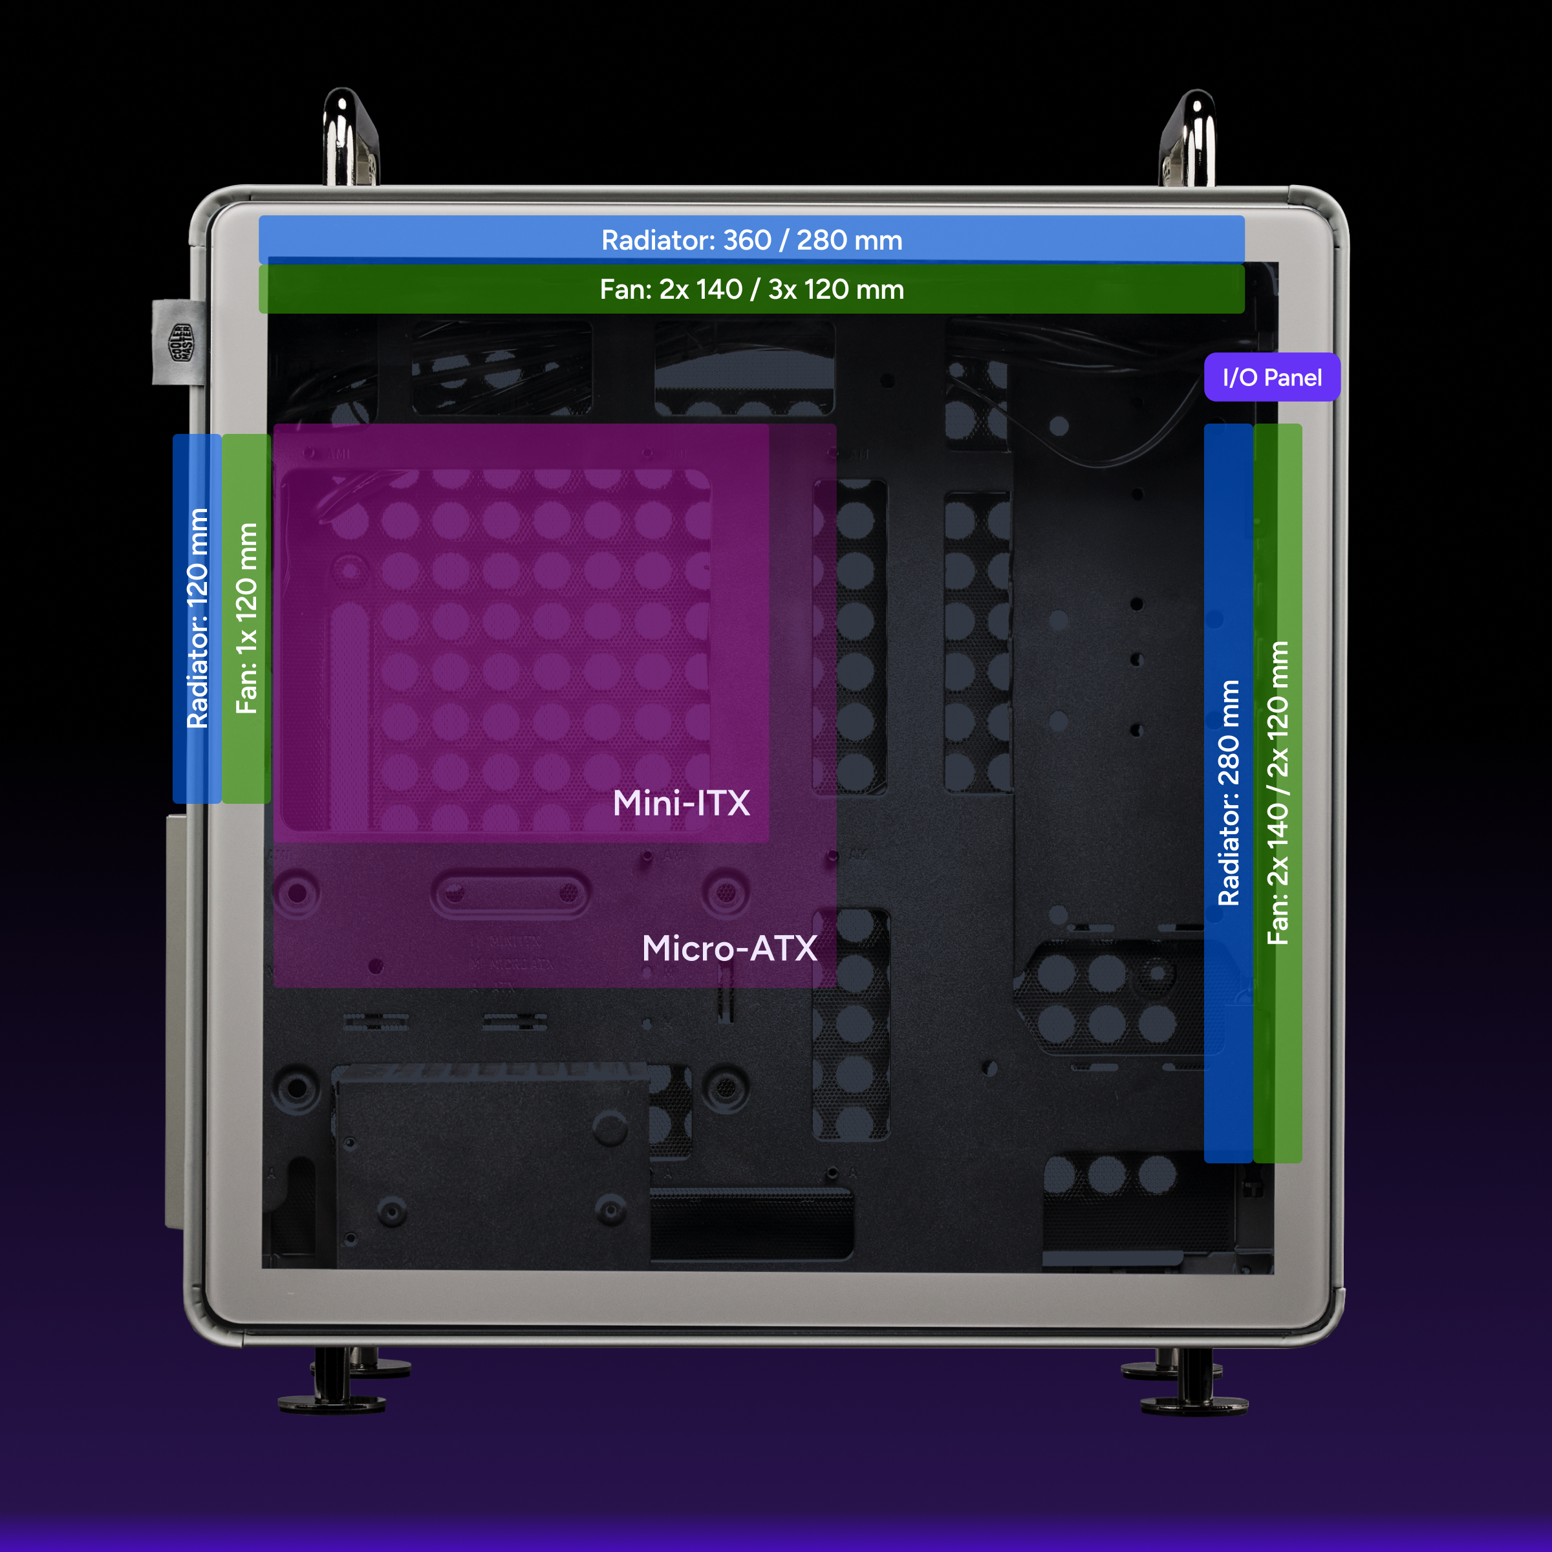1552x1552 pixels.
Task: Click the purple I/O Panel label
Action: pyautogui.click(x=1271, y=377)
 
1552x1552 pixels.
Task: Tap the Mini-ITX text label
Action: pyautogui.click(x=681, y=803)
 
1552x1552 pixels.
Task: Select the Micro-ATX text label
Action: pyautogui.click(x=729, y=949)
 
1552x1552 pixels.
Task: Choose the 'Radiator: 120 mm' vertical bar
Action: pyautogui.click(x=197, y=619)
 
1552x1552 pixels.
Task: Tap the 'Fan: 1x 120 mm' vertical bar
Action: pyautogui.click(x=246, y=619)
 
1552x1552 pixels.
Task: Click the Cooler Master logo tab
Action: pyautogui.click(x=179, y=342)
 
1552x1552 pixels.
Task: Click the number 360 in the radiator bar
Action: pyautogui.click(x=747, y=239)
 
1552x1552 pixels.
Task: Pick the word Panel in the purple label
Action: pyautogui.click(x=1293, y=378)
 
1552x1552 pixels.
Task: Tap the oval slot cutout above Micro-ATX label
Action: pyautogui.click(x=511, y=893)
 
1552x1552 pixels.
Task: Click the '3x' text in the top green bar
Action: pyautogui.click(x=782, y=289)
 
